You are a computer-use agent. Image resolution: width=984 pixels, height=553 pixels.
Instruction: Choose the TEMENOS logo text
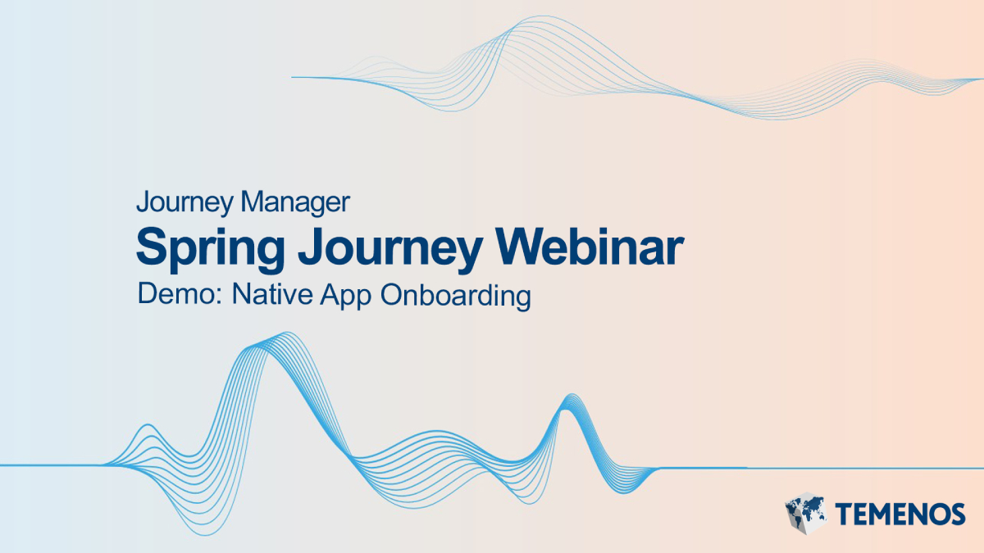[900, 514]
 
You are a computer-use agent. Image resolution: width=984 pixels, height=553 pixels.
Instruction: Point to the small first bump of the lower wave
[147, 427]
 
